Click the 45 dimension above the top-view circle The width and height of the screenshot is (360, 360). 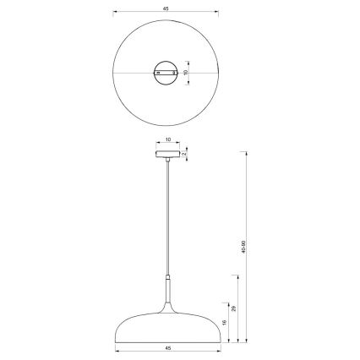click(x=166, y=8)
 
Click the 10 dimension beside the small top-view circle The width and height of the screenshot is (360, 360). click(x=186, y=73)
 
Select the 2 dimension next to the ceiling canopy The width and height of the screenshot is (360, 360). click(x=185, y=155)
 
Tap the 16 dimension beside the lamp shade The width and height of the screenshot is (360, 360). click(x=224, y=322)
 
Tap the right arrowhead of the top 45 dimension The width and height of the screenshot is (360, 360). click(x=218, y=13)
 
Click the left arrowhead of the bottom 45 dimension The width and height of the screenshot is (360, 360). click(x=116, y=352)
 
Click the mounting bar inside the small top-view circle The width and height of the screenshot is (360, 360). click(x=166, y=74)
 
